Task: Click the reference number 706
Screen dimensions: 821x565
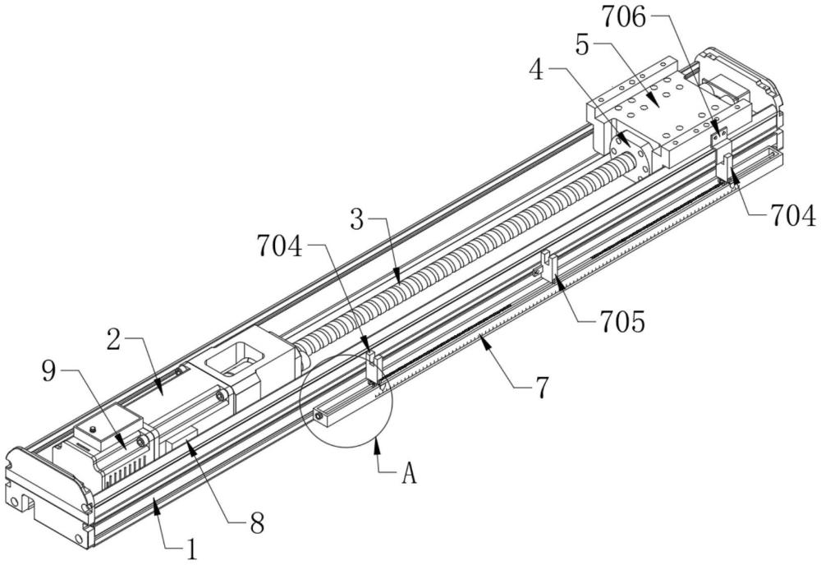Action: click(624, 17)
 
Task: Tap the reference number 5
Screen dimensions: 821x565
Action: click(582, 45)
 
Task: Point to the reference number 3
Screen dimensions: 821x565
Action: click(357, 220)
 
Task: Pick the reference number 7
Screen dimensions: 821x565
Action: click(541, 388)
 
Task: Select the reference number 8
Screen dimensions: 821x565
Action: click(256, 522)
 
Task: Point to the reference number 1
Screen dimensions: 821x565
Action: click(192, 550)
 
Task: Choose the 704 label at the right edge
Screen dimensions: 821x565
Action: click(793, 216)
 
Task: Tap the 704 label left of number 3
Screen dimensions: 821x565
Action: click(280, 246)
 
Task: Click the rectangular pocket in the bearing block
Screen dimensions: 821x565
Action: click(233, 358)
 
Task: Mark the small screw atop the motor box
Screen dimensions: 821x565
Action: click(94, 429)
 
